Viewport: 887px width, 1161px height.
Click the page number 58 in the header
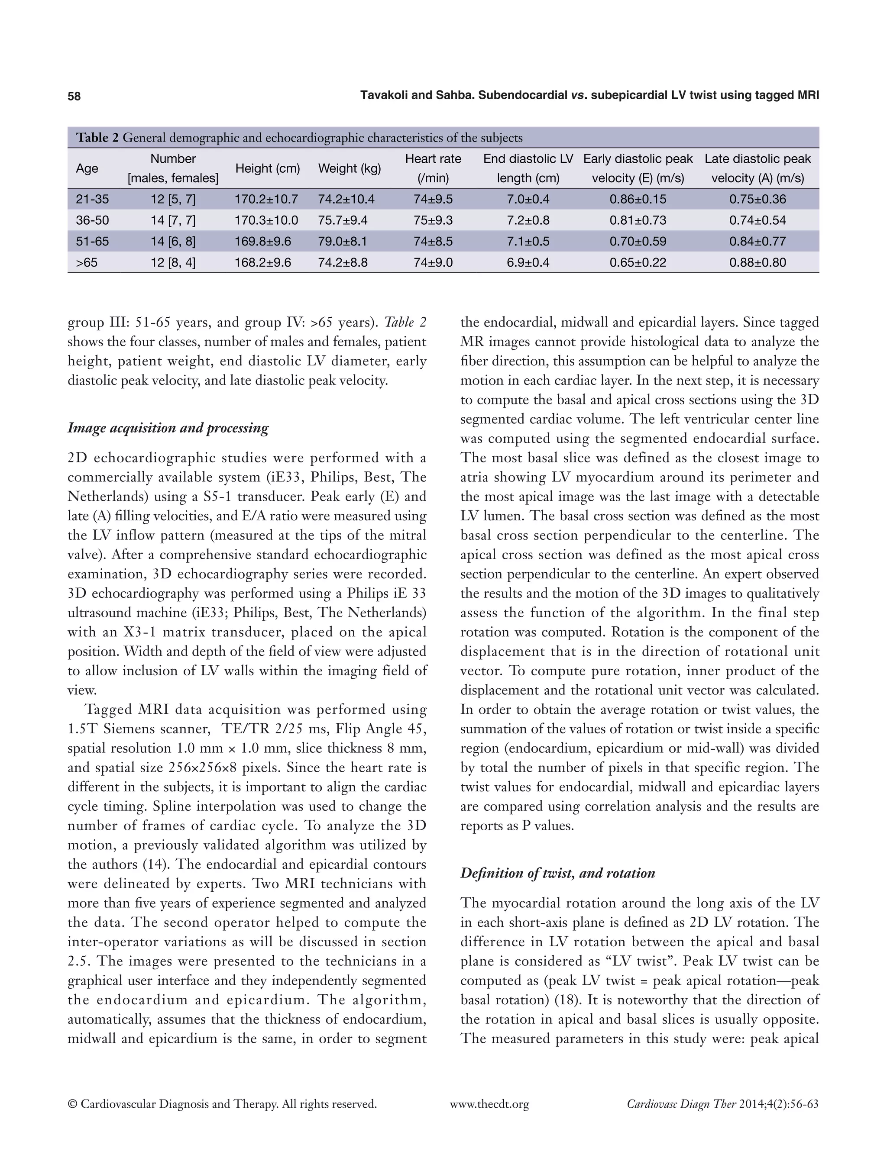pos(74,96)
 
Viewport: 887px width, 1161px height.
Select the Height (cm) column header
pos(267,168)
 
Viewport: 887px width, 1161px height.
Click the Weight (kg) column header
pos(349,168)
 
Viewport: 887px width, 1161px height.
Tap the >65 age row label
pos(87,262)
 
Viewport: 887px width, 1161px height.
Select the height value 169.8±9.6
pos(262,242)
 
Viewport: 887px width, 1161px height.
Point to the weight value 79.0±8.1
pos(342,242)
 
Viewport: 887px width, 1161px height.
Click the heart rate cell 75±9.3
pos(433,221)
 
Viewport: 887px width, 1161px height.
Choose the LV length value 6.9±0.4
pos(528,262)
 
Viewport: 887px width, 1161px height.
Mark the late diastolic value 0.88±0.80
pos(757,262)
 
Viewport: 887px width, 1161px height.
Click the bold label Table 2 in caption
pos(98,138)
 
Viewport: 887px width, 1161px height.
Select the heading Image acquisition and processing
pos(168,428)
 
